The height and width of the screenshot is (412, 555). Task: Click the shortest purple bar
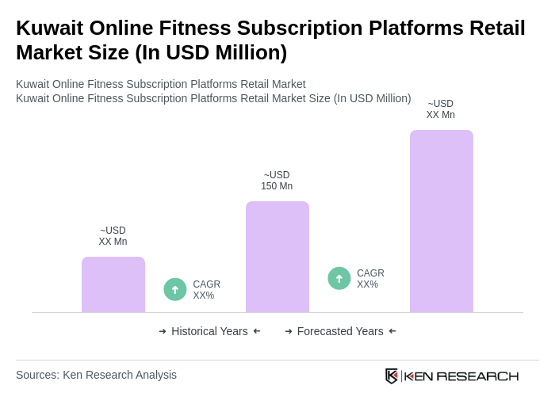[113, 284]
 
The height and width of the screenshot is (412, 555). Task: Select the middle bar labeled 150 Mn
[277, 257]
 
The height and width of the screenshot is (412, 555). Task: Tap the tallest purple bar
[441, 221]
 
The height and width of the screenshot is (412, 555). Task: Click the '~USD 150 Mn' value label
[277, 181]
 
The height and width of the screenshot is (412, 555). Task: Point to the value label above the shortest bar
[113, 236]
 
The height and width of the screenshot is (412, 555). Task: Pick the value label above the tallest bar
[440, 109]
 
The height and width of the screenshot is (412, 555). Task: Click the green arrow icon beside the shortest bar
[175, 289]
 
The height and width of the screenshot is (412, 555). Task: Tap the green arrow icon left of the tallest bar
[339, 278]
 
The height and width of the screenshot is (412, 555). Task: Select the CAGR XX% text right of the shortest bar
[206, 290]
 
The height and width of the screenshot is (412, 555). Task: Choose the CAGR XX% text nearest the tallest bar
[370, 279]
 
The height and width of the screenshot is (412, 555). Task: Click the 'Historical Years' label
[209, 331]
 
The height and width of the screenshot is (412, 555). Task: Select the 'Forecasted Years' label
[340, 331]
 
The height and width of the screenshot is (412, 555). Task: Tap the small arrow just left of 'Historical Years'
[163, 331]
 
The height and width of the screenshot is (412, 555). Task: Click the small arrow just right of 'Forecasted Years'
[392, 331]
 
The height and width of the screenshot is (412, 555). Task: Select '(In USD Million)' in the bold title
[211, 52]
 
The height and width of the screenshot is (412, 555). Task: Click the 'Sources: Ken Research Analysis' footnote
[96, 375]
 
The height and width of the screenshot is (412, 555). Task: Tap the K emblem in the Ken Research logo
[392, 376]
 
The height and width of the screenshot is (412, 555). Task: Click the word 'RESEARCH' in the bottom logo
[477, 376]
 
